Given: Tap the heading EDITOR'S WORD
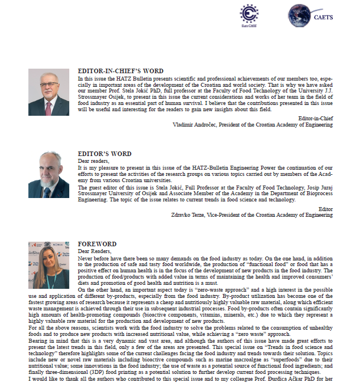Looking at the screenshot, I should point(104,154).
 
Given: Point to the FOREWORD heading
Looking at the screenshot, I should point(97,245).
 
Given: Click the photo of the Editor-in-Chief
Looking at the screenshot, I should point(49,92).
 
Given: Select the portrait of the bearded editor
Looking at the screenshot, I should point(49,175).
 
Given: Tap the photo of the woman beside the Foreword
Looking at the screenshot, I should point(49,265).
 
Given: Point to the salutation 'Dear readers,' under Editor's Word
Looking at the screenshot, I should point(93,161).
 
